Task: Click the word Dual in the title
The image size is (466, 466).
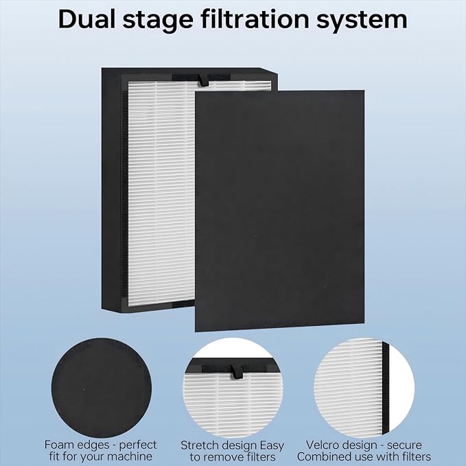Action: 87,19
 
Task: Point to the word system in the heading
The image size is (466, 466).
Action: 367,21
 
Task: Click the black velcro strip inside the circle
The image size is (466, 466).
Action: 385,384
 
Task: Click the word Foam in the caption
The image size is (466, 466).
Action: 60,445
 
